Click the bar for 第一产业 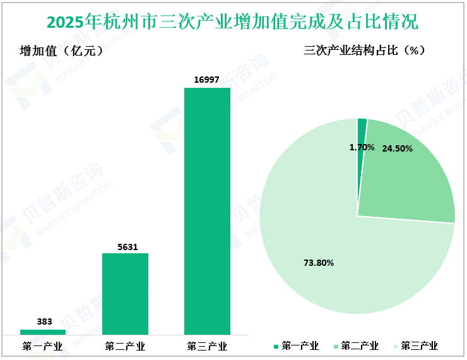tap(43, 332)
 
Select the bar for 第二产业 tap(125, 294)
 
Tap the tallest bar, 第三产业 tap(207, 211)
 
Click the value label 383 tap(44, 321)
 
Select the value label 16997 tap(207, 79)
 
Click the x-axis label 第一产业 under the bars tap(42, 346)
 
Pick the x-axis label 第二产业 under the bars tap(125, 346)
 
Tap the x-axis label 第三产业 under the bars tap(207, 346)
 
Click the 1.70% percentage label tap(362, 147)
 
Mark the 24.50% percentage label tap(397, 149)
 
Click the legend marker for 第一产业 tap(276, 346)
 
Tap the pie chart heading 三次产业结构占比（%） tap(364, 51)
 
